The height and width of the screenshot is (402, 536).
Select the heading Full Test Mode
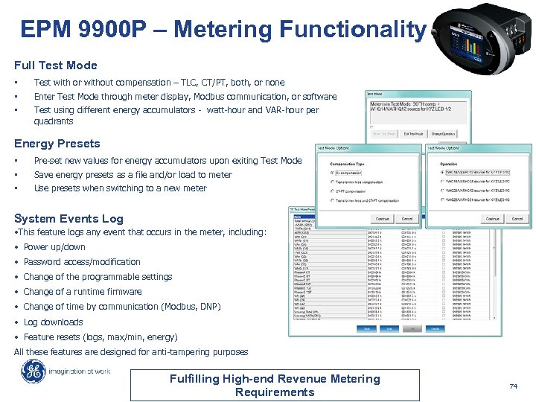[x=56, y=66]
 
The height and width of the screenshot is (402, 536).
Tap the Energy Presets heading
[x=57, y=144]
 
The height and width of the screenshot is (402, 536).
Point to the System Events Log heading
[x=69, y=219]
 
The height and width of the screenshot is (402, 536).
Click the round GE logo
[x=33, y=371]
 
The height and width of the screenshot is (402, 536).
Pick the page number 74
[x=513, y=386]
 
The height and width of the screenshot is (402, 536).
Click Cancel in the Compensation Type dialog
[x=407, y=219]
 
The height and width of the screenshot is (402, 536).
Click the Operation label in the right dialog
[x=449, y=164]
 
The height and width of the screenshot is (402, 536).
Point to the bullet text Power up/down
[x=54, y=247]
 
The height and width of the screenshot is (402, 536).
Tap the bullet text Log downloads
[x=53, y=322]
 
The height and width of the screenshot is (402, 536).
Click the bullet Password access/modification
[x=82, y=262]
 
